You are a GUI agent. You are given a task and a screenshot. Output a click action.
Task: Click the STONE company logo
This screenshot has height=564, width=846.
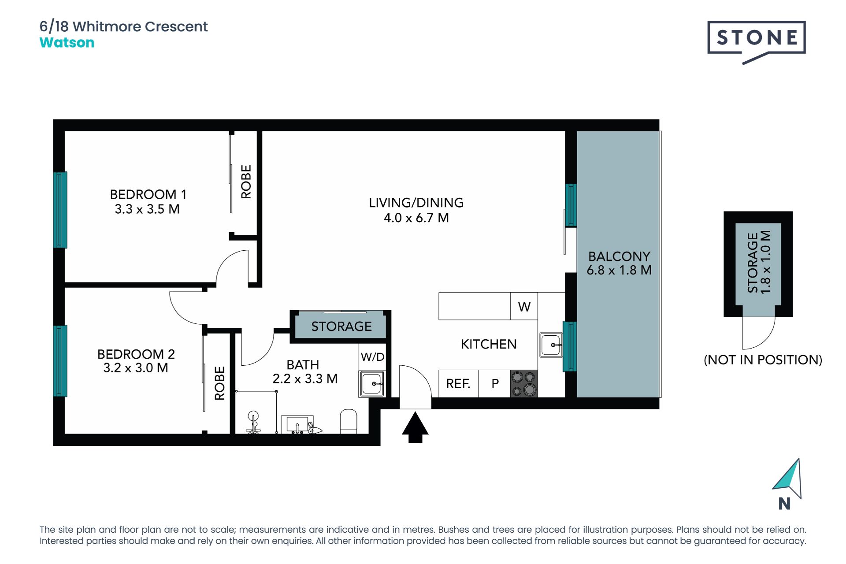pyautogui.click(x=757, y=42)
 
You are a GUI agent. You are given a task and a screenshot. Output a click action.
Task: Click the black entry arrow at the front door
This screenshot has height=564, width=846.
pyautogui.click(x=415, y=427)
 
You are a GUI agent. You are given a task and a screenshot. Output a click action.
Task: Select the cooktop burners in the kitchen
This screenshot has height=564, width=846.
pyautogui.click(x=524, y=383)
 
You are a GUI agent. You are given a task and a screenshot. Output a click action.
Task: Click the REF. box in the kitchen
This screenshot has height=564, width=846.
pyautogui.click(x=458, y=384)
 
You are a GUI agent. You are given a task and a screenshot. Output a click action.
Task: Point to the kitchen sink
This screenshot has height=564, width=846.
pyautogui.click(x=551, y=345)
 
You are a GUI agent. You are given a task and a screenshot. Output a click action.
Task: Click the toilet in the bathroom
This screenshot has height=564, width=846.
pyautogui.click(x=349, y=422)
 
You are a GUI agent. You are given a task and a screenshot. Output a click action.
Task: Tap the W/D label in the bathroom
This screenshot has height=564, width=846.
pyautogui.click(x=373, y=357)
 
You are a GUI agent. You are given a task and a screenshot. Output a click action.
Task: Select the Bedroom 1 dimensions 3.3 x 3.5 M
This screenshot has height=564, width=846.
pyautogui.click(x=147, y=209)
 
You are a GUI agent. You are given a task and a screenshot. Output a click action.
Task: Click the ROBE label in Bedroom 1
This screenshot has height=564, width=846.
pyautogui.click(x=246, y=182)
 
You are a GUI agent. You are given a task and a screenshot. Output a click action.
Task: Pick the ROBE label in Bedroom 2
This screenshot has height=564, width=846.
pyautogui.click(x=219, y=383)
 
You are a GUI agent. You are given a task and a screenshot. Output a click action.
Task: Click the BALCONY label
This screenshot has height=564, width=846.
pyautogui.click(x=619, y=256)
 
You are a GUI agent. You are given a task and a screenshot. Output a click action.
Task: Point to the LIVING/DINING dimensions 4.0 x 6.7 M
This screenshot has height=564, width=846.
pyautogui.click(x=416, y=218)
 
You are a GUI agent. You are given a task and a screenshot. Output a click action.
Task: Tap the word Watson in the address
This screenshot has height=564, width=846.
pyautogui.click(x=67, y=43)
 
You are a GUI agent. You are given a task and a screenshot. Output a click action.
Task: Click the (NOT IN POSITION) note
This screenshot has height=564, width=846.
pyautogui.click(x=763, y=360)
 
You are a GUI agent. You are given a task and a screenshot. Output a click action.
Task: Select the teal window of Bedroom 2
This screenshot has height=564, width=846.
pyautogui.click(x=60, y=361)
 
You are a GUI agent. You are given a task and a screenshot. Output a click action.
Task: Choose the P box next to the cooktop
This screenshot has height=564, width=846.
pyautogui.click(x=495, y=384)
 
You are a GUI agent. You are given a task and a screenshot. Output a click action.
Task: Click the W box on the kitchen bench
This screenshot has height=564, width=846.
pyautogui.click(x=524, y=306)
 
